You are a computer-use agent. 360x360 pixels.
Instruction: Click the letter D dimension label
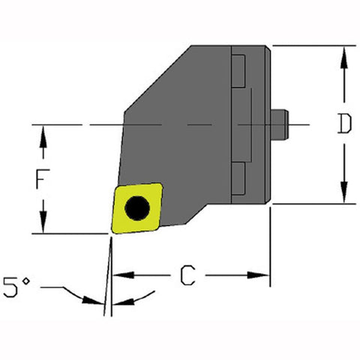click(x=344, y=124)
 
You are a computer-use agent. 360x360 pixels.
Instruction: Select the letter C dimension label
click(x=190, y=277)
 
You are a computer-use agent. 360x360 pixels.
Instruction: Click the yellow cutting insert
click(x=137, y=207)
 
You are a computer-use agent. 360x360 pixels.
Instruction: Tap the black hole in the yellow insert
click(x=137, y=208)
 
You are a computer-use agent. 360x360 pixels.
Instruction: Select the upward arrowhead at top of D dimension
click(x=344, y=54)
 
